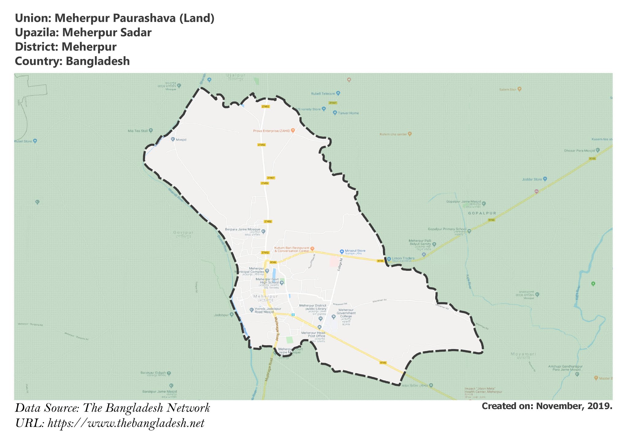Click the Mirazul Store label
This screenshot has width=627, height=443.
click(355, 251)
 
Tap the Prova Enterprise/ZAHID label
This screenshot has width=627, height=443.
click(271, 131)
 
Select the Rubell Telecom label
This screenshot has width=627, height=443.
click(323, 94)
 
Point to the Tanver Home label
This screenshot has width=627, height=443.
click(348, 113)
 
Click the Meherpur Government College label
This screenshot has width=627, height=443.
click(346, 313)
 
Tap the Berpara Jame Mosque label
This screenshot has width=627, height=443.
click(242, 229)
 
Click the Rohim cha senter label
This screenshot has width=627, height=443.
click(393, 134)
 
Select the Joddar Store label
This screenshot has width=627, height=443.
click(532, 179)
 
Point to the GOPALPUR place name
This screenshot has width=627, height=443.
click(482, 213)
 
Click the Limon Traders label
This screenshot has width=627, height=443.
click(403, 258)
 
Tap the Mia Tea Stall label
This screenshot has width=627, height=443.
click(138, 131)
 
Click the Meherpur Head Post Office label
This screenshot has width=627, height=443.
click(313, 334)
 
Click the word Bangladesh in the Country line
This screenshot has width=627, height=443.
click(98, 61)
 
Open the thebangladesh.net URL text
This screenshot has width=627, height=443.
click(126, 424)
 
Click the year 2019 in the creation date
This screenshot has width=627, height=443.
click(600, 406)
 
